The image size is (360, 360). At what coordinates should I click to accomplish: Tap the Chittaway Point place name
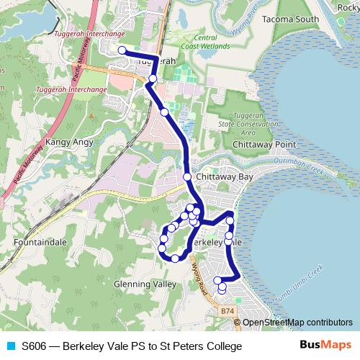(x=259, y=144)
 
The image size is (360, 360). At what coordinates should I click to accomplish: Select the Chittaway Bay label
(x=225, y=176)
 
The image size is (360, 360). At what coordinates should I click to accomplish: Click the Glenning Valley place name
(x=145, y=284)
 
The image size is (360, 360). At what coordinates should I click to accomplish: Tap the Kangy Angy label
(x=70, y=142)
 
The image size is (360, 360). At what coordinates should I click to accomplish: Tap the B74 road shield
(x=228, y=310)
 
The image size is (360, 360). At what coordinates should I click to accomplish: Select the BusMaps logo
(x=325, y=346)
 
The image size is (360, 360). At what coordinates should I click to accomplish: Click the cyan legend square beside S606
(x=10, y=346)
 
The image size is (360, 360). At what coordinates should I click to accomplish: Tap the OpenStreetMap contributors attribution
(x=297, y=323)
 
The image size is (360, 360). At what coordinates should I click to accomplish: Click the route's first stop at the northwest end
(x=122, y=50)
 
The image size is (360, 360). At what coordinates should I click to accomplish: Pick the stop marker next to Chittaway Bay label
(x=187, y=176)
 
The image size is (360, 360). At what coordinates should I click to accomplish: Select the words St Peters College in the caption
(x=203, y=346)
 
